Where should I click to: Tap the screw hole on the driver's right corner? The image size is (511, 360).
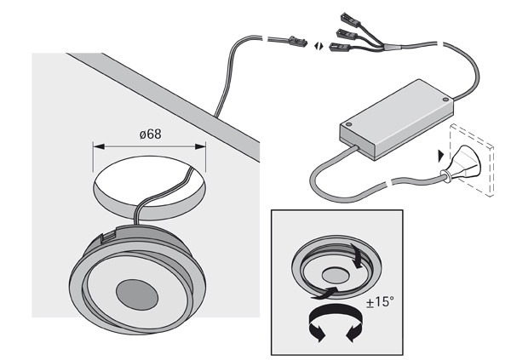pos(445,100)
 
